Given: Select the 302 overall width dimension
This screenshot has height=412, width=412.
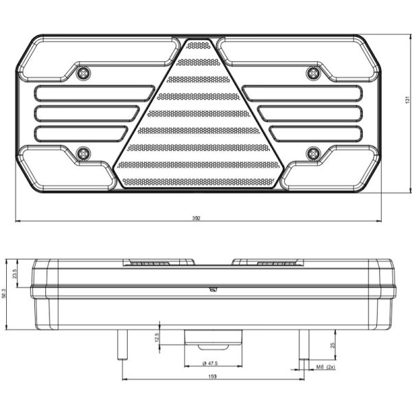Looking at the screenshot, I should pos(197,218).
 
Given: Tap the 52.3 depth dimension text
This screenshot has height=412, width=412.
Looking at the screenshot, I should pos(5,294).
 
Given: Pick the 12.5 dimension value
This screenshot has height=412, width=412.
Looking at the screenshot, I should pos(157,336).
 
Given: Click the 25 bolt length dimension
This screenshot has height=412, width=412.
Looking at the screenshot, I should pos(332,345).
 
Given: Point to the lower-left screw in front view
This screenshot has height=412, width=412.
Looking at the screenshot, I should pos(84,152).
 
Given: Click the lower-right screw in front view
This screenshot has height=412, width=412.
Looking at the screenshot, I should pos(314,152).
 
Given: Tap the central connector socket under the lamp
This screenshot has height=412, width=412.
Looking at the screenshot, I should pos(213,339).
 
